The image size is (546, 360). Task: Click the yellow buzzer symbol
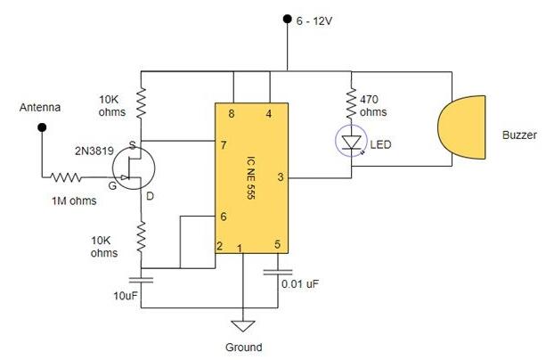click(x=464, y=134)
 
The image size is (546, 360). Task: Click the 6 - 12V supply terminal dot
click(x=287, y=18)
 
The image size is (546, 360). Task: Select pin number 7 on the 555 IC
click(x=222, y=143)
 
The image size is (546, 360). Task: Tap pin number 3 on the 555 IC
click(x=281, y=177)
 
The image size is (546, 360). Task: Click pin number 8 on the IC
click(x=232, y=113)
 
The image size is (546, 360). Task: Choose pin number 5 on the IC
click(x=277, y=245)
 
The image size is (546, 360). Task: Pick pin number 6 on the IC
click(x=222, y=217)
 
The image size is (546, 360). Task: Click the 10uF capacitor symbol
click(x=142, y=279)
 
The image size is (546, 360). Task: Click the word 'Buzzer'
click(x=518, y=135)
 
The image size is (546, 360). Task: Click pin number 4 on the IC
click(x=269, y=113)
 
